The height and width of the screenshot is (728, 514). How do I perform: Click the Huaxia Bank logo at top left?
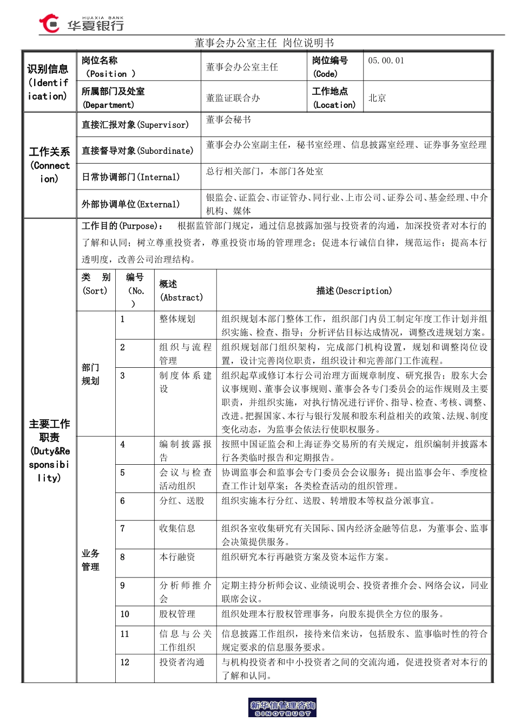(x=82, y=24)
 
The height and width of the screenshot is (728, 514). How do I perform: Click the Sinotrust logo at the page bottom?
(x=282, y=708)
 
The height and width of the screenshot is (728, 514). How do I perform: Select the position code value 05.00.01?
(x=386, y=61)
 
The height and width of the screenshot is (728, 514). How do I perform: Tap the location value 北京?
(x=377, y=98)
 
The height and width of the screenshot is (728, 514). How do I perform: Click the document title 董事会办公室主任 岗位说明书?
(x=264, y=43)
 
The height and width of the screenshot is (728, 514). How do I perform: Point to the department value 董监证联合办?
(x=233, y=98)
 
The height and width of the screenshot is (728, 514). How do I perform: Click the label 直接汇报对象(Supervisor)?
(x=135, y=125)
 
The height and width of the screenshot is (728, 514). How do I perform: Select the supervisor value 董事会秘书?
(x=228, y=120)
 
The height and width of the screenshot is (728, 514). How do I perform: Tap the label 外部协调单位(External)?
(x=130, y=204)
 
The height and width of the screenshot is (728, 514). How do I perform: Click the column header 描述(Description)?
(x=354, y=291)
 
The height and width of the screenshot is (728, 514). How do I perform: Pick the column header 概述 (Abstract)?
(x=181, y=291)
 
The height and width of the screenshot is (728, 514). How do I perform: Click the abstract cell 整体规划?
(x=177, y=319)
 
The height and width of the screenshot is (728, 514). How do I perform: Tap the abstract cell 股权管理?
(x=177, y=614)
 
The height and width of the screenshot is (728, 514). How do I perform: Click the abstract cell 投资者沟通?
(x=182, y=662)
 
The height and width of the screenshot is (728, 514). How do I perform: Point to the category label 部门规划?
(x=90, y=374)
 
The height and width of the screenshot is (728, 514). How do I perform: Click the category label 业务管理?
(x=90, y=560)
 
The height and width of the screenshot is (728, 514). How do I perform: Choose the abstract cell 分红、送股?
(x=182, y=501)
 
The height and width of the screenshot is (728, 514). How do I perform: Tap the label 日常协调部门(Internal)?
(x=130, y=177)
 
